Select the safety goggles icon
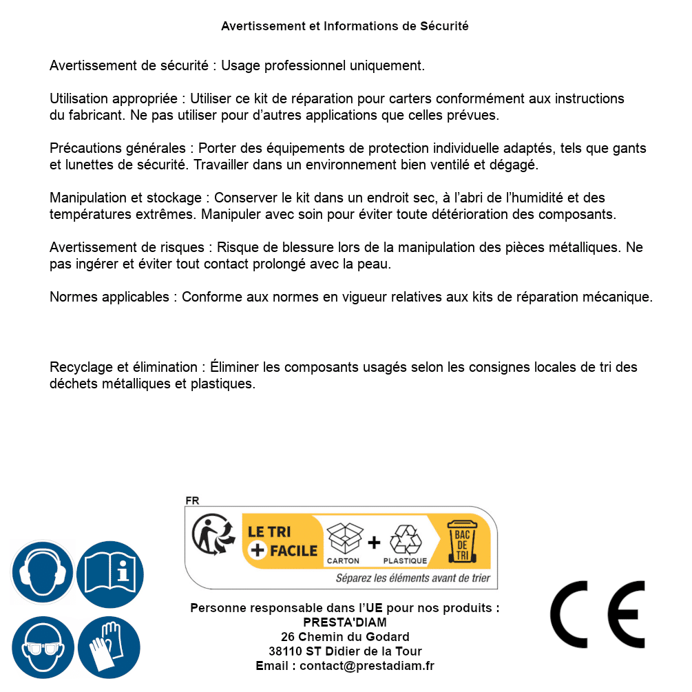coord(42,647)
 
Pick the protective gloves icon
coord(110,647)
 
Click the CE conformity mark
coord(598,615)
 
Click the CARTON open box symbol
coord(344,539)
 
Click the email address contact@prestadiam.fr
coord(367,666)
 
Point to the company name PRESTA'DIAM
coord(345,622)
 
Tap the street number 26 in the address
coord(288,637)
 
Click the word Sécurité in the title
coord(444,26)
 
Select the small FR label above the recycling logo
coord(192,501)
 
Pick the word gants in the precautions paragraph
coord(629,149)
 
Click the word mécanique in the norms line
coord(619,297)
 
